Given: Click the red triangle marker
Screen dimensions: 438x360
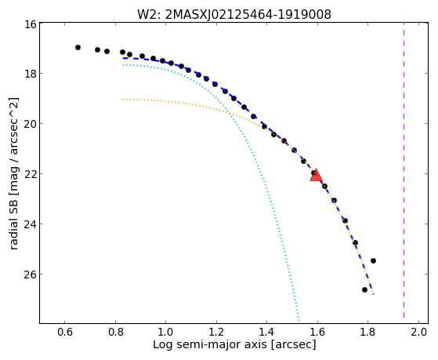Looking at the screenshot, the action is (316, 176).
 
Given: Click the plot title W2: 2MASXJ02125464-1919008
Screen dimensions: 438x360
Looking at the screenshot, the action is (234, 14).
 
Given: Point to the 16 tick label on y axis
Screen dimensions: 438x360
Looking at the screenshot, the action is (30, 24).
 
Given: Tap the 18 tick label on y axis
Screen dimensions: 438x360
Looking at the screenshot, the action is (30, 74).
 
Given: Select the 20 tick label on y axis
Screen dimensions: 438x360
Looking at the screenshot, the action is (30, 124).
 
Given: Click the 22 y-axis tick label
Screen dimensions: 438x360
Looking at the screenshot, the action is (30, 173).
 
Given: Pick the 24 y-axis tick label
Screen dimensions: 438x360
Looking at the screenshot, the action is (30, 224).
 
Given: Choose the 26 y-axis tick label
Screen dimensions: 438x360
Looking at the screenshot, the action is (30, 275).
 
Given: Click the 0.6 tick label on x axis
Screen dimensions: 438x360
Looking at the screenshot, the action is (65, 332).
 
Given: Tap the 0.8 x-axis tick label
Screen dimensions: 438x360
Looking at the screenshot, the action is (115, 332).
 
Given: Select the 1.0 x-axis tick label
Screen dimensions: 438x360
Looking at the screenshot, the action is (165, 332).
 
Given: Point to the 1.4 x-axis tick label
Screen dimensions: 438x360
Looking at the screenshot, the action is (266, 332).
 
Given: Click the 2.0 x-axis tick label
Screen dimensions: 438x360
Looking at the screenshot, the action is (418, 332).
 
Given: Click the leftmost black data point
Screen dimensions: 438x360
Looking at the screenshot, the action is (78, 48).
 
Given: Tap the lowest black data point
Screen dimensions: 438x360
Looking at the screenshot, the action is (364, 289).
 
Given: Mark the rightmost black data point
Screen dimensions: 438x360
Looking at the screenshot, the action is (373, 261).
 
